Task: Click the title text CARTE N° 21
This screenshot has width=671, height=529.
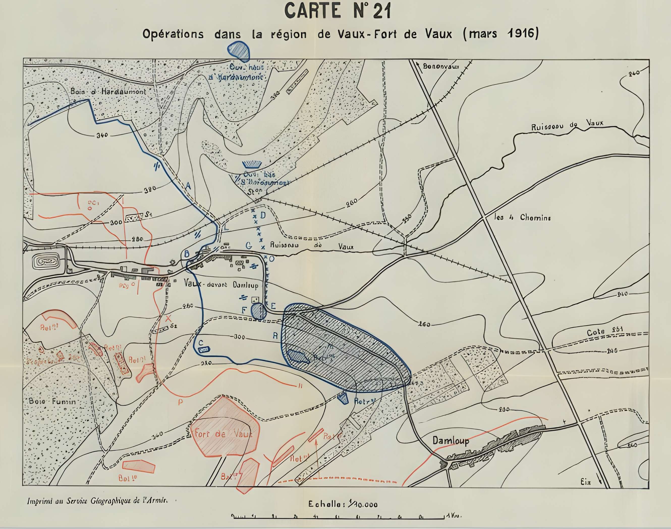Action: [x=338, y=11]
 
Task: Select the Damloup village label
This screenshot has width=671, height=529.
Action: [x=451, y=441]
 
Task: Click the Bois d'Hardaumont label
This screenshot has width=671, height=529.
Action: [x=108, y=92]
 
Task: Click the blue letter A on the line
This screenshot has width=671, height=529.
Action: [x=188, y=186]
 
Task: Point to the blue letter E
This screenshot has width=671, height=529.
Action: [x=273, y=306]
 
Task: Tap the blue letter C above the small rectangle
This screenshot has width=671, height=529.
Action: [x=201, y=343]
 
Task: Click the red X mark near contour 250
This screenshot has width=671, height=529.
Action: [x=168, y=318]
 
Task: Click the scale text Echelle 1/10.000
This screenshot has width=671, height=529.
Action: [x=343, y=505]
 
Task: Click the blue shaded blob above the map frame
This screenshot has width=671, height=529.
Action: [x=239, y=50]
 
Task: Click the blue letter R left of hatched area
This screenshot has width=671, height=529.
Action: [x=275, y=335]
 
